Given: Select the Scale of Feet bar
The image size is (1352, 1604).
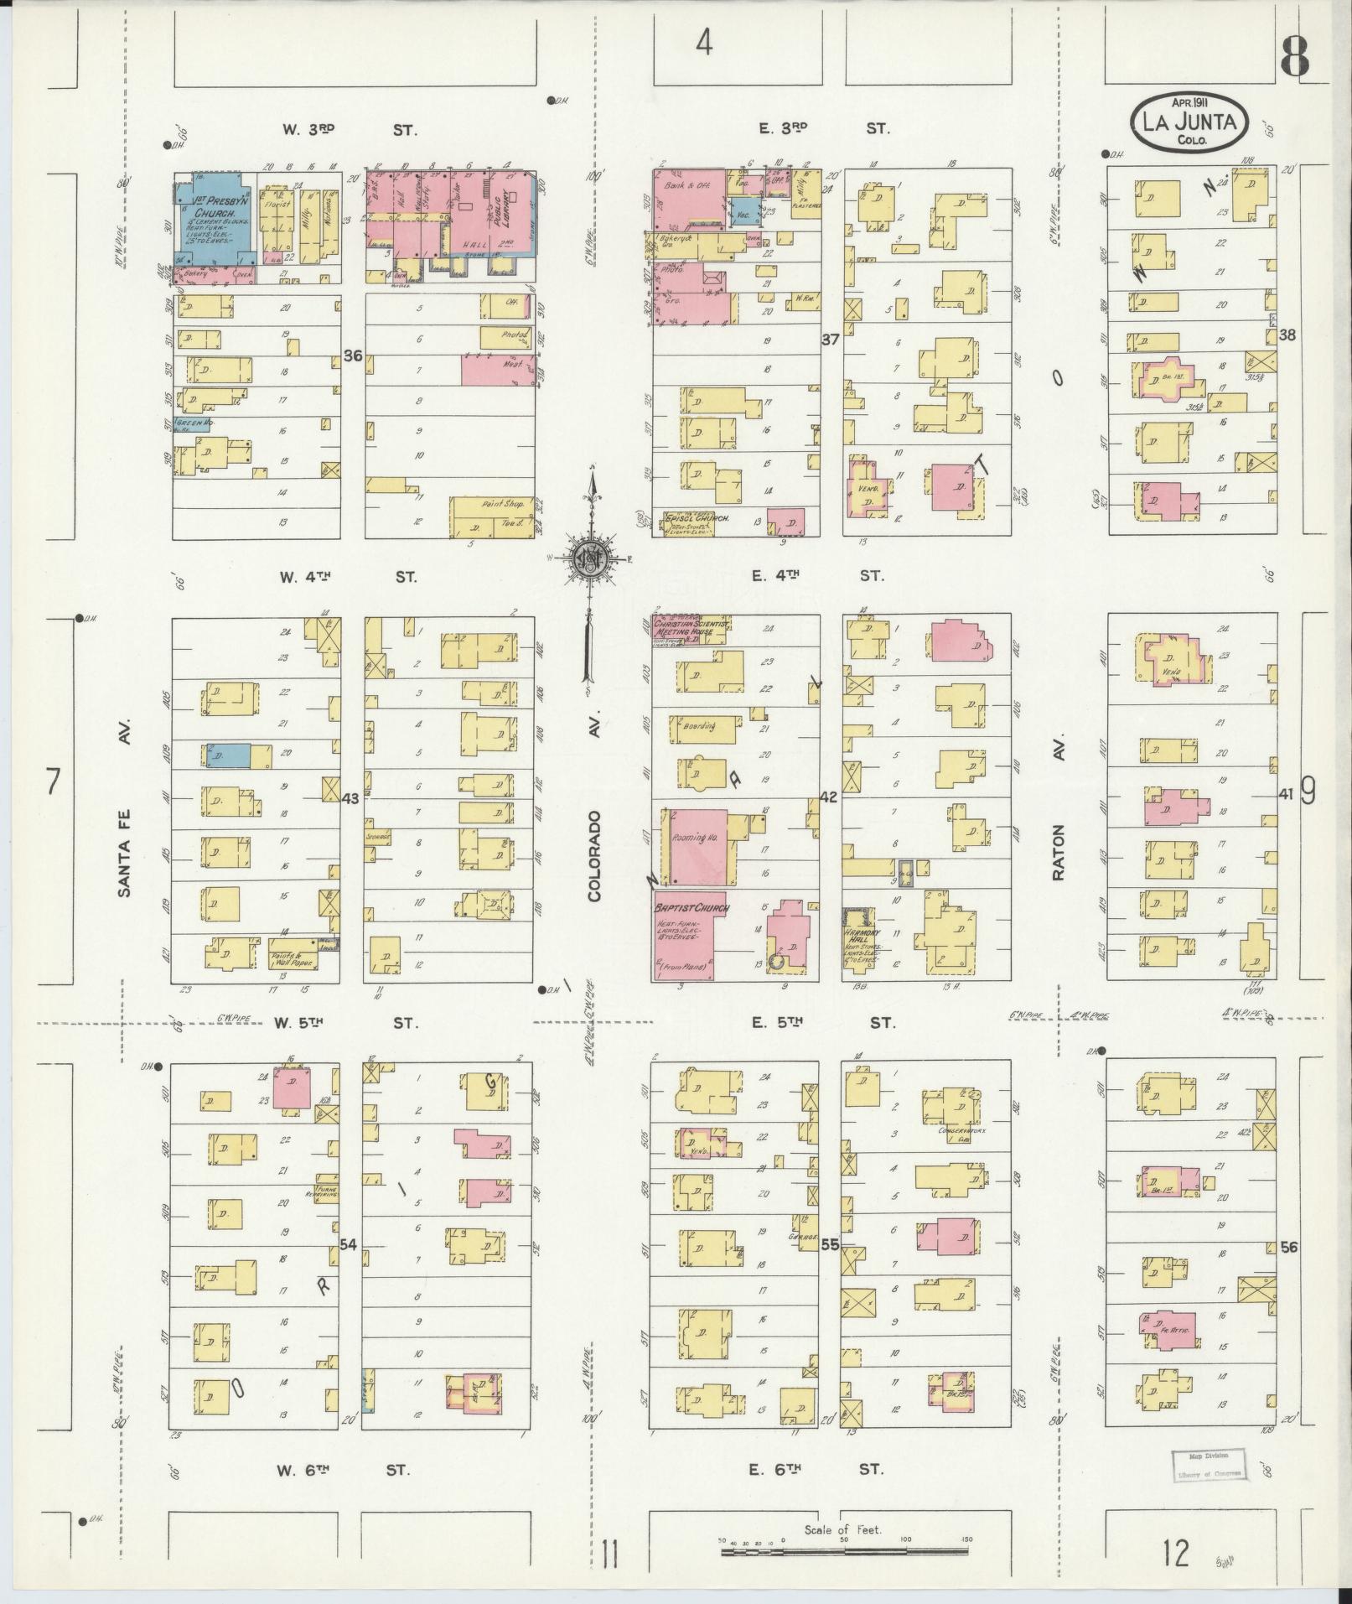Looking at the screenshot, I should tap(846, 1551).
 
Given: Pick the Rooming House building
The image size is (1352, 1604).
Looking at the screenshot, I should tap(694, 847).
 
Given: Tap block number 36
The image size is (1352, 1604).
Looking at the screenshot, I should tap(353, 356).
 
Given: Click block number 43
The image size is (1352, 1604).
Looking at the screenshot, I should tap(350, 798).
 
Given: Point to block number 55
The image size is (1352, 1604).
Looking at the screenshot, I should tap(830, 1245).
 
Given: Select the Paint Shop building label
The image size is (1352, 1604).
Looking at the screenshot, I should tap(502, 504).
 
